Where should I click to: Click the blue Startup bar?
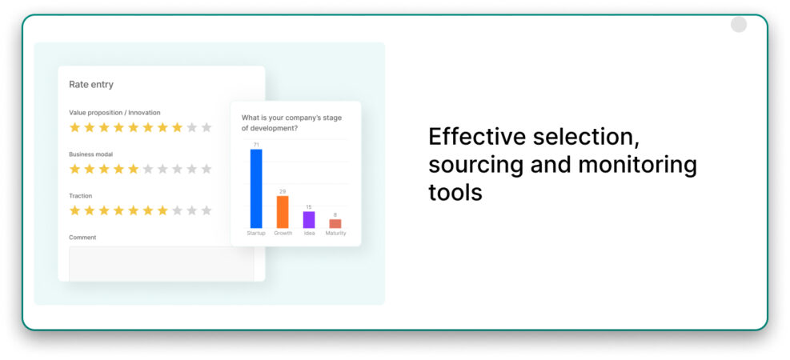tap(256, 189)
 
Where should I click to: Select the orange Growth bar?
tap(283, 212)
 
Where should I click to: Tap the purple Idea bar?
tap(309, 220)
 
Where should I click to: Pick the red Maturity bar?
tap(335, 224)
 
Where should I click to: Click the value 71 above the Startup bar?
tap(256, 145)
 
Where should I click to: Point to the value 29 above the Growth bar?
tap(283, 191)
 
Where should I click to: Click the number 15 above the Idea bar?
tap(309, 207)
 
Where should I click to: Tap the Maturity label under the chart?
tap(335, 234)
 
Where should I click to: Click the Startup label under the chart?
tap(256, 234)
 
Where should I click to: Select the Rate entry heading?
tap(91, 85)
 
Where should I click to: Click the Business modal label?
tap(90, 154)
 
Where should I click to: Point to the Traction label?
tap(81, 196)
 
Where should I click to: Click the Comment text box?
tap(162, 263)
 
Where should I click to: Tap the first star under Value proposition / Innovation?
tap(74, 127)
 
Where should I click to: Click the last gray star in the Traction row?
tap(206, 210)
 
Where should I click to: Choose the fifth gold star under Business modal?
tap(133, 169)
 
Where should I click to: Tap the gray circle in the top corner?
tap(739, 25)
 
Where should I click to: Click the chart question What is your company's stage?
tap(292, 118)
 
